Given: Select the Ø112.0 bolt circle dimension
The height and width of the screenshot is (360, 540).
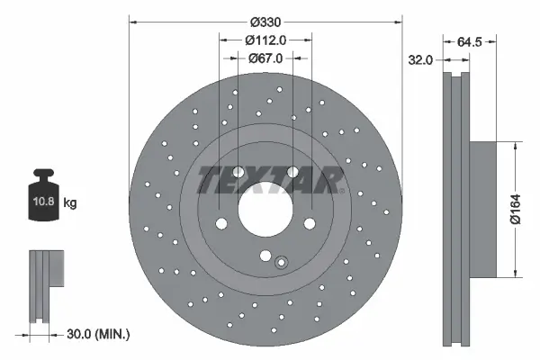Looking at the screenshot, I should pos(265,40).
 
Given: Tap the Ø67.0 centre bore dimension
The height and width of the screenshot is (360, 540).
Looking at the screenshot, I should pos(265,58).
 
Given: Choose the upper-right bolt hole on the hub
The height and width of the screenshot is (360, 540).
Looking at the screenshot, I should pos(292,174).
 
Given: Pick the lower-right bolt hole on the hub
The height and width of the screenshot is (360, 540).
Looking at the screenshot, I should pos(310,224).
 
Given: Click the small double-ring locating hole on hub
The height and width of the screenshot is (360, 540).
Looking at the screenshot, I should pos(281,263).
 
